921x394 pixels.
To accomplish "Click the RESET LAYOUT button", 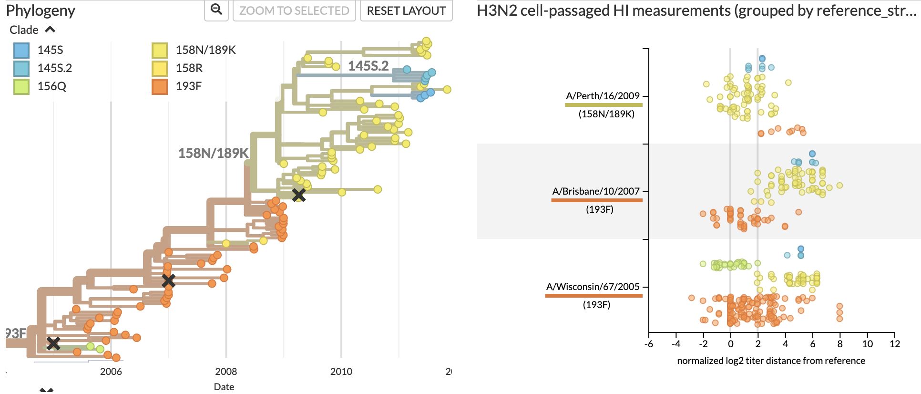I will (406, 10).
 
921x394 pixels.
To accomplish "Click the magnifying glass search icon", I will (216, 10).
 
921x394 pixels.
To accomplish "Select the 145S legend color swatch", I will (21, 50).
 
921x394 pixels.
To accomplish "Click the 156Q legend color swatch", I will (21, 86).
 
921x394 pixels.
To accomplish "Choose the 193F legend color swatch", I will (160, 86).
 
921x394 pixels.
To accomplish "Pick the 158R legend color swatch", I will (160, 68).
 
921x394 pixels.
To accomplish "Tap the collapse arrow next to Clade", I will (50, 30).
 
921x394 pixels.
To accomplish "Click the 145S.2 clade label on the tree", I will (368, 66).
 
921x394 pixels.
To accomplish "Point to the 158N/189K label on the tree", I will (213, 153).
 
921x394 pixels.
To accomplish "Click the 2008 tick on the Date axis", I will (226, 372).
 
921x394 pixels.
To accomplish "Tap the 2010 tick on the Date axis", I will (341, 372).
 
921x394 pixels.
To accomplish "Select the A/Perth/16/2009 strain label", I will (603, 96).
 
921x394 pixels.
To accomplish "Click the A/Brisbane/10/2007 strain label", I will (596, 191).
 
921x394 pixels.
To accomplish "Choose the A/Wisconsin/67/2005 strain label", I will (593, 287).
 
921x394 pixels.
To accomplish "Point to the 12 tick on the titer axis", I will (895, 344).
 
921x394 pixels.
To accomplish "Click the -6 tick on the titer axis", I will (649, 344).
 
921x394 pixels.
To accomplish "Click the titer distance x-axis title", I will (771, 361).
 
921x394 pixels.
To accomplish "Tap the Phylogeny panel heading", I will (41, 10).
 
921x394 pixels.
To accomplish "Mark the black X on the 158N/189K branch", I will (299, 195).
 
